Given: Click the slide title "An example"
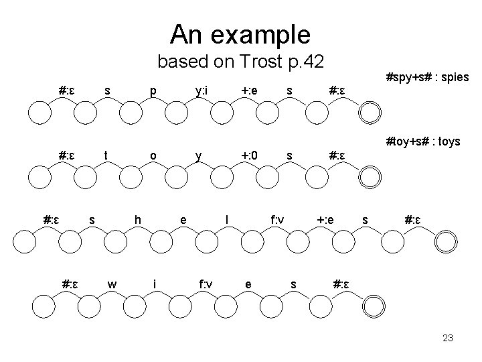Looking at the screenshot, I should coord(240,33).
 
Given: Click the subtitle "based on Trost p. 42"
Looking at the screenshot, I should coord(240,62).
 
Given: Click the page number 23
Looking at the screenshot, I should coord(448,339).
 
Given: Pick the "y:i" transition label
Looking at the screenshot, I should coord(201,90).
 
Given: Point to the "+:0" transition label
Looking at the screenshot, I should coord(250,156).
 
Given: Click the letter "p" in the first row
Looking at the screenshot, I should coord(153,90).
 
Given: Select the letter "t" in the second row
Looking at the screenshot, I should coord(106,156).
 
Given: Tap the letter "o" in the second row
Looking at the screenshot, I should coord(153,156).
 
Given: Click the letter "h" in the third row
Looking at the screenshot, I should coord(137,219).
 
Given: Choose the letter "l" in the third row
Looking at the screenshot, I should coord(228,219).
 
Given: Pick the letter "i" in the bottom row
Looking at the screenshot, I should coord(155,284).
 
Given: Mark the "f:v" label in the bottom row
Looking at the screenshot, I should coord(206,284).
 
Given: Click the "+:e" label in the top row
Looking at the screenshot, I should coord(250,90).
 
